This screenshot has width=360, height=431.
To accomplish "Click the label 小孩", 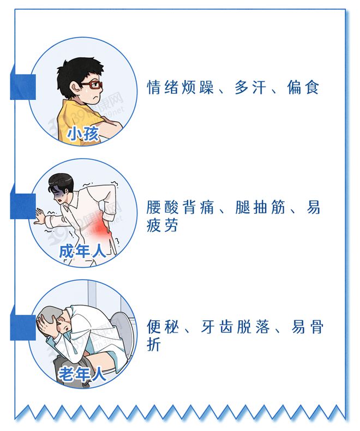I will pyautogui.click(x=83, y=134).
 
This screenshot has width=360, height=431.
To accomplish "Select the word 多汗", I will pyautogui.click(x=250, y=87).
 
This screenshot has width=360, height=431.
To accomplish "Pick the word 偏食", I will pyautogui.click(x=303, y=87).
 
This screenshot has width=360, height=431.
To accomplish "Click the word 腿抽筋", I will pyautogui.click(x=261, y=208).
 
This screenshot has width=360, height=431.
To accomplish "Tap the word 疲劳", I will pyautogui.click(x=163, y=226).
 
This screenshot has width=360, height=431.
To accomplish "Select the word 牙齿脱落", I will pyautogui.click(x=235, y=327).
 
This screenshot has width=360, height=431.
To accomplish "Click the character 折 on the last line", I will pyautogui.click(x=154, y=345).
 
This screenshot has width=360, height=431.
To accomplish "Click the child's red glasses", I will pyautogui.click(x=91, y=85).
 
